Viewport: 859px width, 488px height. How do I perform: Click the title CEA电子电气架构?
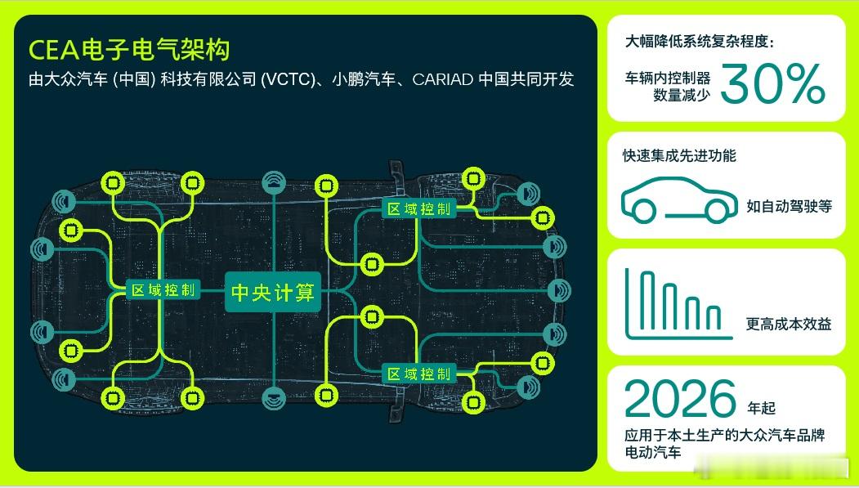pos(129,50)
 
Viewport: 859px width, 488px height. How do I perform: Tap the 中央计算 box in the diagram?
pos(273,292)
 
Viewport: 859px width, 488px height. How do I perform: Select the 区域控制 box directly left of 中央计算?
pos(163,289)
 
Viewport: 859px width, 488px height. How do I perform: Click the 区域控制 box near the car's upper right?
pos(419,208)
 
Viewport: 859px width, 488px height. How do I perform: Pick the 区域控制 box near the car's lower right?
pos(419,374)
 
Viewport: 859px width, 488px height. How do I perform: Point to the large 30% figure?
pos(772,83)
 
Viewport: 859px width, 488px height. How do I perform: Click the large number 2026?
pos(680,399)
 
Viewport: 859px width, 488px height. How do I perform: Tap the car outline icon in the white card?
pos(679,200)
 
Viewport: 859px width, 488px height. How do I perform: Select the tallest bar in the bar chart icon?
pos(647,300)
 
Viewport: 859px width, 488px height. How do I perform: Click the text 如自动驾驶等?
pos(789,206)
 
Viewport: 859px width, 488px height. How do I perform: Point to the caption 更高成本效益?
pos(789,324)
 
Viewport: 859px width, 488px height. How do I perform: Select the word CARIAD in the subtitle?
pos(443,79)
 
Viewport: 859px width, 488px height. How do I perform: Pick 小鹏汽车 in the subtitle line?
pos(364,79)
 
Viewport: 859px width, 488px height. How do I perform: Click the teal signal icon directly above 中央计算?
pos(273,182)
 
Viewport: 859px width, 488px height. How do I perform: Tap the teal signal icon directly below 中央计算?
pos(273,398)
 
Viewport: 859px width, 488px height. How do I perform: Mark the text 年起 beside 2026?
pos(762,408)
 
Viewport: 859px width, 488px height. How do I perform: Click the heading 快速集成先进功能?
pos(679,155)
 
